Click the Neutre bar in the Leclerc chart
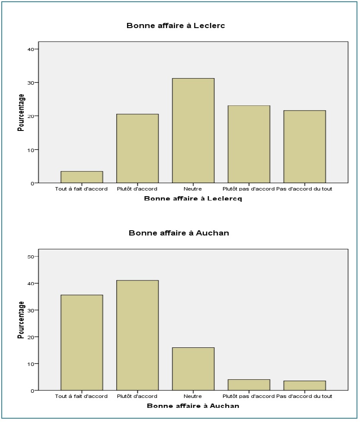pos(193,130)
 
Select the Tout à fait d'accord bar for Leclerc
pos(82,177)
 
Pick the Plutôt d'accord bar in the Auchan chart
pos(137,335)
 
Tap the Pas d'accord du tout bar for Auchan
pos(304,385)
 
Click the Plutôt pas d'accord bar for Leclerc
pos(248,144)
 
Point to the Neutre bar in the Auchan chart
pos(193,369)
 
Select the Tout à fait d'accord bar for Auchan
pos(82,343)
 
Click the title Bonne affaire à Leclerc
pos(175,25)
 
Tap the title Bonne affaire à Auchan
pos(178,233)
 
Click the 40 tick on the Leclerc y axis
pos(31,49)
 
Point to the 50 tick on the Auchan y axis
pos(31,257)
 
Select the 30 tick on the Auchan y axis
pos(31,310)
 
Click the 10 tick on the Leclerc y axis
pos(31,150)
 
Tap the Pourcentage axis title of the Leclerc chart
pos(21,112)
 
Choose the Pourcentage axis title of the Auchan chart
pos(21,320)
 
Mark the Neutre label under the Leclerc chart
pos(193,189)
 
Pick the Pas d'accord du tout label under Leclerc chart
pos(304,189)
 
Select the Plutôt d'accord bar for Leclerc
pos(137,149)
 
